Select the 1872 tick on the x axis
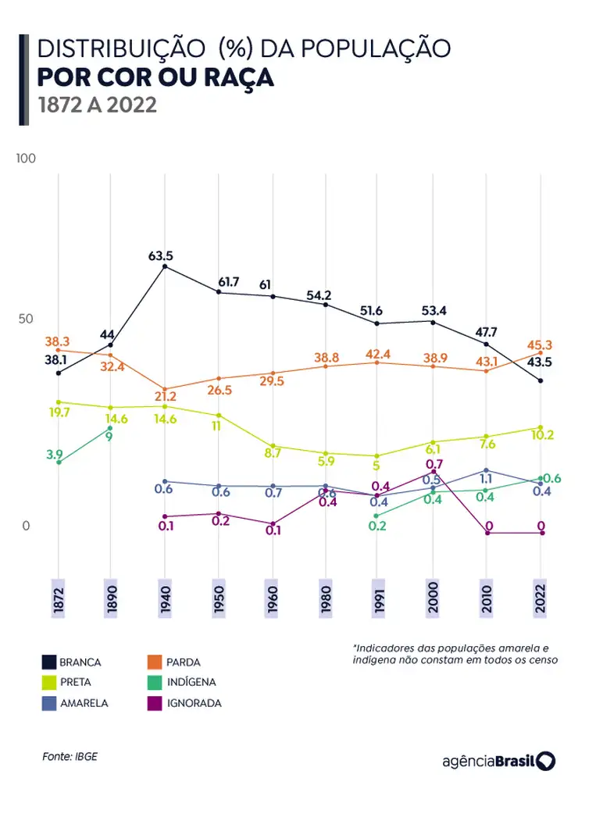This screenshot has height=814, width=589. point(58,599)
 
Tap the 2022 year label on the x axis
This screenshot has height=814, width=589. point(539,599)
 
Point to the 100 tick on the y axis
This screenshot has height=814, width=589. point(27,159)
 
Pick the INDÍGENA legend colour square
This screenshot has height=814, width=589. point(154,682)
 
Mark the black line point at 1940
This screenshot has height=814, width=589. point(164,267)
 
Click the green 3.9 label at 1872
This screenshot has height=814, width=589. point(54,454)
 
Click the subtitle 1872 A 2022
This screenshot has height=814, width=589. point(98,105)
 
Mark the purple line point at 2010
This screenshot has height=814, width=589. point(487,533)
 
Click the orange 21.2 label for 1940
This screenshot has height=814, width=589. point(165,397)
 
